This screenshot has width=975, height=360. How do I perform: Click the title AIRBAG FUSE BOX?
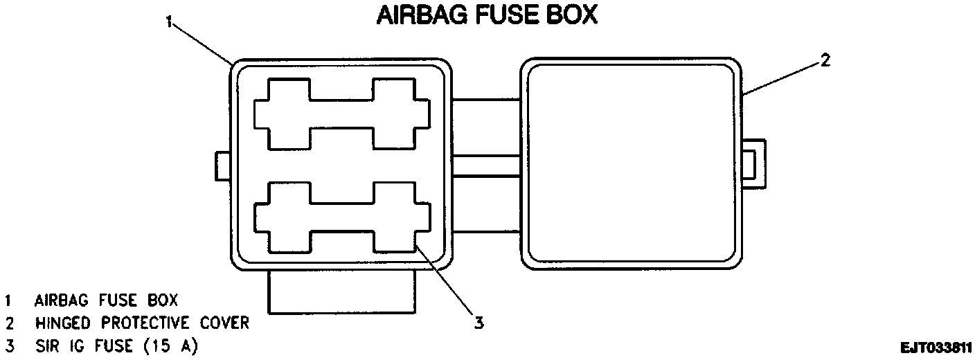tap(486, 16)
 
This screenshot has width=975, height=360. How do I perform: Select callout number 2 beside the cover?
tap(825, 60)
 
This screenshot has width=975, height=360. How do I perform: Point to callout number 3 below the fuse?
tap(478, 322)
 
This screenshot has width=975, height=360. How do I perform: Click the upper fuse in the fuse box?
tap(341, 114)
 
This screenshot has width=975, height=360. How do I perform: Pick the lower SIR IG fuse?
tap(341, 217)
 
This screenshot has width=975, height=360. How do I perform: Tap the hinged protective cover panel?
tap(630, 164)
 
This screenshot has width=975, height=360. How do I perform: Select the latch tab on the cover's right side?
tap(754, 163)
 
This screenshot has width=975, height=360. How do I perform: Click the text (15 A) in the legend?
tap(163, 345)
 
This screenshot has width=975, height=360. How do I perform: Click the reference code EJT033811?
tap(936, 347)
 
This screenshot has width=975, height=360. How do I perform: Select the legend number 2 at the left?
tap(9, 323)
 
